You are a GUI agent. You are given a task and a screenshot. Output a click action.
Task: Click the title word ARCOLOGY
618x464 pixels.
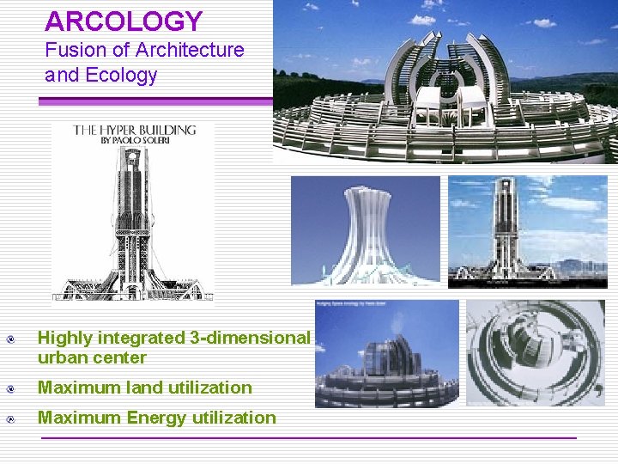[x=124, y=21]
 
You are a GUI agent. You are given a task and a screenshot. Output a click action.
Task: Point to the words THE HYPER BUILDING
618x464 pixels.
[x=135, y=131]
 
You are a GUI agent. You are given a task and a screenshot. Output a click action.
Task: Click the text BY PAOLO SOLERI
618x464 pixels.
[x=135, y=143]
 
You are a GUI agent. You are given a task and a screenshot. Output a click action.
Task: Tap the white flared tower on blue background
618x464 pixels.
[x=366, y=230]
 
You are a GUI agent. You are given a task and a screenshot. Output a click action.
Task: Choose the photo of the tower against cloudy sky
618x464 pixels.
[x=528, y=230]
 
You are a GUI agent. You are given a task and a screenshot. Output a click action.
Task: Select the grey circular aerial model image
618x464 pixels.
[x=536, y=352]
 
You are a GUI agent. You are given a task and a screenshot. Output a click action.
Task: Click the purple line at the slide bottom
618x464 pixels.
[x=309, y=438]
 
